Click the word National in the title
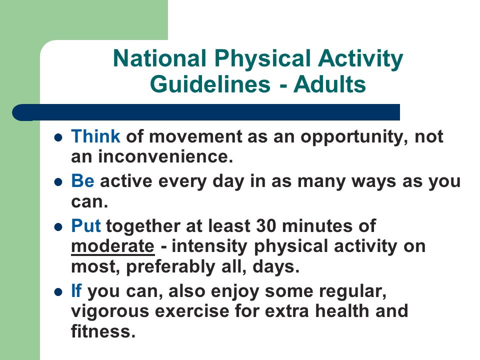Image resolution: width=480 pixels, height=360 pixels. pos(159,58)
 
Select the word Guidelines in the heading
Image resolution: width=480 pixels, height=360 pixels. pos(210,84)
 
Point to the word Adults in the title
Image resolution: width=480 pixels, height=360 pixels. pos(329,84)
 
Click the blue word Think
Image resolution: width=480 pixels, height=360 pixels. pos(95,136)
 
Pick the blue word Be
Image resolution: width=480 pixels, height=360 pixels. pos(82,180)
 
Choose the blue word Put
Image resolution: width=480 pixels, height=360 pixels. pos(85,225)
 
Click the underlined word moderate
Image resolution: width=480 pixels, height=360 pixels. pos(113,246)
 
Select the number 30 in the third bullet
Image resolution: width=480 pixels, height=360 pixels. pos(266,226)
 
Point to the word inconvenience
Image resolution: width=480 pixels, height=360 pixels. pos(165,156)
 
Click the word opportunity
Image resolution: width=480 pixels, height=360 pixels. pos(354,137)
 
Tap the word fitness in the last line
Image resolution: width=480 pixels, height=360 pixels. pos(103,331)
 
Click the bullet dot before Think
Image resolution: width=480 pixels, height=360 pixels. pos(58,137)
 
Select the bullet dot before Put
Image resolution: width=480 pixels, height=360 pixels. pos(58,227)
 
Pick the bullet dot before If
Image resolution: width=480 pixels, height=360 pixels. pos(58,292)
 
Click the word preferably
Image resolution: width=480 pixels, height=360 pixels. pos(171,267)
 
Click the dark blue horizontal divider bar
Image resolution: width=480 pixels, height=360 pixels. pos(206,112)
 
